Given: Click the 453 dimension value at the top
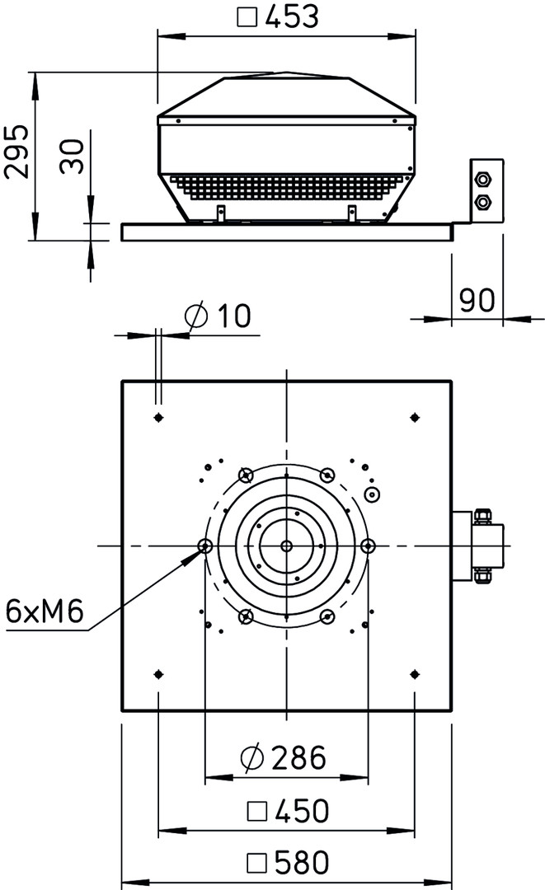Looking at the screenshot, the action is point(292,16).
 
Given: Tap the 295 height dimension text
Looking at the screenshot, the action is point(17,151).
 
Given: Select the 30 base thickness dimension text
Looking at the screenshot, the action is point(73,156).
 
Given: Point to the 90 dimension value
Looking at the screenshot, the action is point(477,300).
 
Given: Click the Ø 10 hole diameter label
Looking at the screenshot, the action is point(218,316).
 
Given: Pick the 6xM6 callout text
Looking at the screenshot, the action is point(45,611).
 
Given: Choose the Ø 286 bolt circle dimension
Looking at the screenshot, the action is point(284,757).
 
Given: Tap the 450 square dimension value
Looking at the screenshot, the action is point(302,811).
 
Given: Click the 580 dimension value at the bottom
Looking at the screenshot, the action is point(302,863).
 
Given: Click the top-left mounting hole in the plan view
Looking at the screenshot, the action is point(159,418).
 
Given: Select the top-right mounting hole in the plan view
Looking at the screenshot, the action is point(415,418).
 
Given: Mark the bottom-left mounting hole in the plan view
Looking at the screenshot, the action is point(159,674).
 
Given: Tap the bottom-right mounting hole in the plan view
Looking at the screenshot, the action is point(415,674).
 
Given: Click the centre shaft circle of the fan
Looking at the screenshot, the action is point(287,546).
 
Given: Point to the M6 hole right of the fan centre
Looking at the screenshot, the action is point(368,546).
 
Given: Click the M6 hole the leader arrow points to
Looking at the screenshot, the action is point(205,546).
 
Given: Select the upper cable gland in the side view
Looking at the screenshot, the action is point(484,180).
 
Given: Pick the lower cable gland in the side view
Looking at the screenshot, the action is point(484,202).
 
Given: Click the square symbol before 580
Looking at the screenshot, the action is point(258,864).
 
